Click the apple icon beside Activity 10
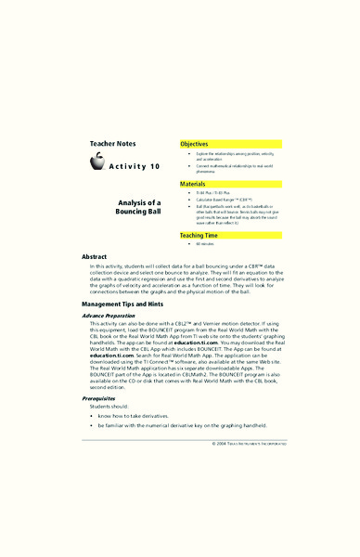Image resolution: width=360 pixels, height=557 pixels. pos(97,163)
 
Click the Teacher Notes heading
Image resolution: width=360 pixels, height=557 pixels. pos(113,144)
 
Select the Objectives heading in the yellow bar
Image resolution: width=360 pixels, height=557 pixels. pos(194,145)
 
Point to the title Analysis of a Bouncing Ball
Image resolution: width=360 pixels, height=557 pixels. pos(140,208)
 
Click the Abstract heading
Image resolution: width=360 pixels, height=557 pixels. pos(95,256)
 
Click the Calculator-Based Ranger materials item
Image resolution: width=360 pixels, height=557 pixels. pos(226,201)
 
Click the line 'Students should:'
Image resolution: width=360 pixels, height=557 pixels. pos(105,406)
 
